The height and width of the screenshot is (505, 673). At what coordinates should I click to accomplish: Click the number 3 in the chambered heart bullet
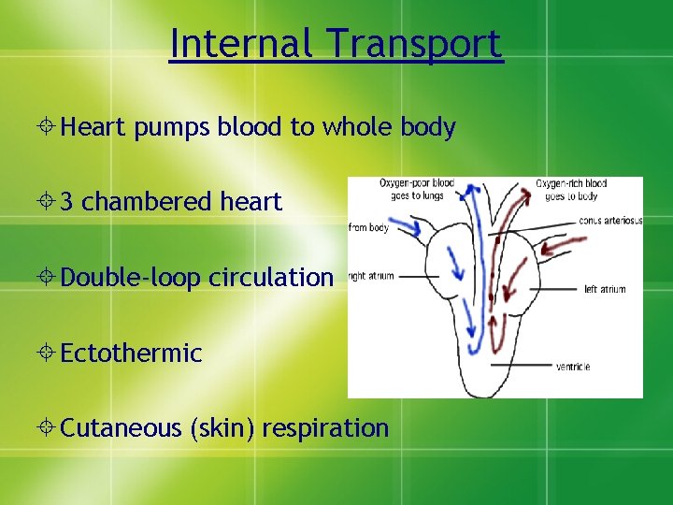(x=67, y=202)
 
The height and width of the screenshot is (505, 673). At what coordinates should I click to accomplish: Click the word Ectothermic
(x=131, y=353)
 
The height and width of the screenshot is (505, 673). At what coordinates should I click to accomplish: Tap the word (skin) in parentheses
(x=222, y=428)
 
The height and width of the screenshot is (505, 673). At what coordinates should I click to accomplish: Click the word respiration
(x=325, y=428)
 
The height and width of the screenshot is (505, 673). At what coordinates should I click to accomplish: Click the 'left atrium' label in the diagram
(x=605, y=290)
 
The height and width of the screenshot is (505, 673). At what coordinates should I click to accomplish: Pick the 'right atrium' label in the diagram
(x=371, y=276)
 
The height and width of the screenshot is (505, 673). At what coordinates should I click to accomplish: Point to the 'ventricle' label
(x=572, y=367)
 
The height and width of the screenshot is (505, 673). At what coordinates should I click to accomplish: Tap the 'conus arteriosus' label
(x=610, y=221)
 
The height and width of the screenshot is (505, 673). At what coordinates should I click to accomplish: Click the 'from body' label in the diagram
(x=368, y=227)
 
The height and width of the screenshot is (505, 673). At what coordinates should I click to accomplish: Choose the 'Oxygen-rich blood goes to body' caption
(x=571, y=190)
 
